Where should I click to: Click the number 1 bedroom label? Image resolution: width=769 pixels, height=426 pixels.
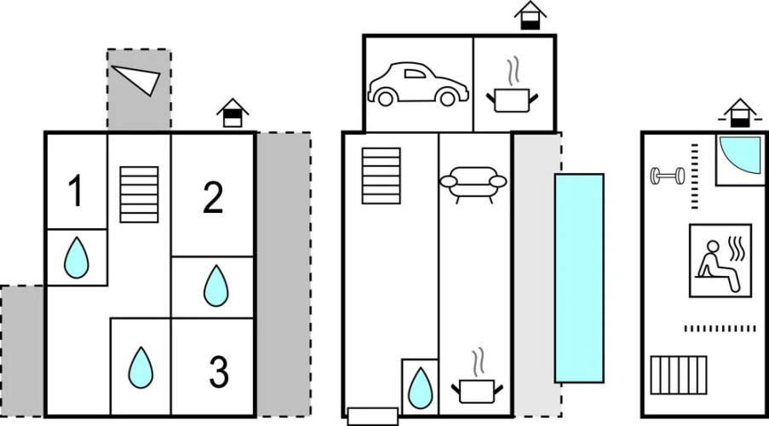pos(76,193)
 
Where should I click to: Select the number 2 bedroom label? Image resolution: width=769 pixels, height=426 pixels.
pos(213,198)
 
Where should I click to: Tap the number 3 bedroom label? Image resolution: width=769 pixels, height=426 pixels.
pos(219,372)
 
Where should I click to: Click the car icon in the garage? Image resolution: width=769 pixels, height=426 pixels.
pos(417,83)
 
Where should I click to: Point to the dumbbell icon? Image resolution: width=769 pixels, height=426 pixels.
pos(668,176)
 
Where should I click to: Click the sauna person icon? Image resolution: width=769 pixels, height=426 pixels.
pos(720,260)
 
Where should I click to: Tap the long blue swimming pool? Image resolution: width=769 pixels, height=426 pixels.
pos(579,278)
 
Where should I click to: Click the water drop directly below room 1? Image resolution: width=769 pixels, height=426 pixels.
pos(77,257)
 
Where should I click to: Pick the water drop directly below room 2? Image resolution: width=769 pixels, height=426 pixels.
pos(215,286)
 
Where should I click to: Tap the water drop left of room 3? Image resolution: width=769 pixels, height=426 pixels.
pos(141,367)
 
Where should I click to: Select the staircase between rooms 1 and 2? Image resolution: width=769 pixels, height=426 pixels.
pos(139,194)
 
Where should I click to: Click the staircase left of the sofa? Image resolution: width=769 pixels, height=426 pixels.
pos(381,176)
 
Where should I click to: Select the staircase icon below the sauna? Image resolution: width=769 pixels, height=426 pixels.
pos(680,373)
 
